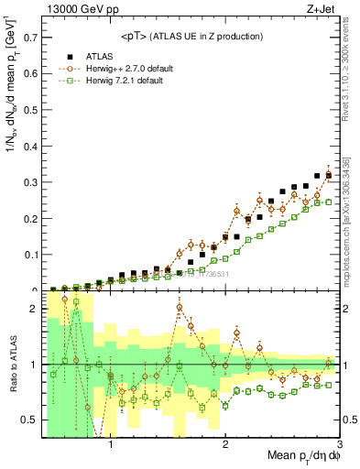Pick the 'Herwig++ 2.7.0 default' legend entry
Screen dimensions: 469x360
point(128,69)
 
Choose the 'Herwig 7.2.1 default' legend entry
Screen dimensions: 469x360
point(125,82)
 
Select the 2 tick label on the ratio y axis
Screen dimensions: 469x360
point(35,309)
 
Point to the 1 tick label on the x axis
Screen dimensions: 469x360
point(111,446)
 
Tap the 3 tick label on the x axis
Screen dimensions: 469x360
point(339,446)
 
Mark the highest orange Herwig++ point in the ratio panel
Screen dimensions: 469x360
point(64,299)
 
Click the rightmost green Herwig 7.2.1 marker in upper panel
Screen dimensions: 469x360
point(329,202)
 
